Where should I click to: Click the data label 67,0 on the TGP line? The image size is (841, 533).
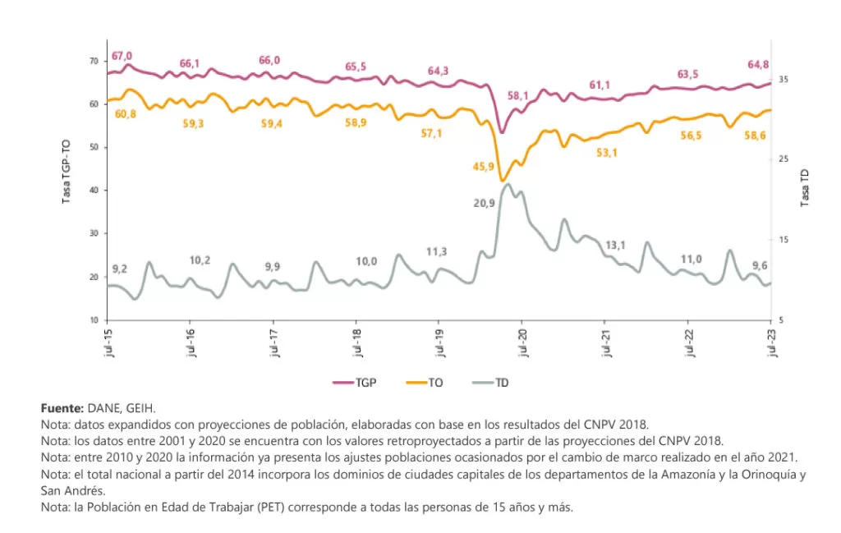click(122, 56)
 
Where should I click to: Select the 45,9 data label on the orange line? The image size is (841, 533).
click(484, 167)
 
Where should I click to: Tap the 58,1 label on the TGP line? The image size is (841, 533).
click(518, 95)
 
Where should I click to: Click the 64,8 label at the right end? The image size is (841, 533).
click(757, 64)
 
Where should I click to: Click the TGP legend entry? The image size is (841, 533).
click(355, 382)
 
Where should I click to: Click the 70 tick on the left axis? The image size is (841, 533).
click(93, 61)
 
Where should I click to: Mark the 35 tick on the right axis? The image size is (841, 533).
click(784, 79)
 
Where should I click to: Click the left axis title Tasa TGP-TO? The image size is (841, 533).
click(66, 171)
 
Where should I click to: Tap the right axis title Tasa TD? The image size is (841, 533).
click(805, 187)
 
